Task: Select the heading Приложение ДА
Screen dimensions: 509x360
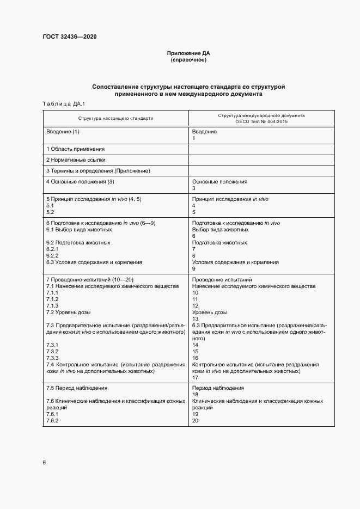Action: [x=188, y=53]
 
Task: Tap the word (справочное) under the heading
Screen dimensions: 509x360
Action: [x=188, y=60]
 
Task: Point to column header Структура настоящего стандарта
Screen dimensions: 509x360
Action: [x=115, y=118]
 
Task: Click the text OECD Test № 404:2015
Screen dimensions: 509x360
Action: [x=261, y=121]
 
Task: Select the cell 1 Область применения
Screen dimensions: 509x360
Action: [x=75, y=149]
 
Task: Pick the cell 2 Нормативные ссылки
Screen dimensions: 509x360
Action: [x=76, y=160]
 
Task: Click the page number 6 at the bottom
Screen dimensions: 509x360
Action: [x=44, y=463]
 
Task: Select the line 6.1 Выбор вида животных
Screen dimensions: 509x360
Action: [x=78, y=229]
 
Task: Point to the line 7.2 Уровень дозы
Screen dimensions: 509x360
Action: [x=68, y=312]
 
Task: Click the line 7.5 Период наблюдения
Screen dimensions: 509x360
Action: [x=76, y=388]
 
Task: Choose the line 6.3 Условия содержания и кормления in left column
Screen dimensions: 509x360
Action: [x=94, y=262]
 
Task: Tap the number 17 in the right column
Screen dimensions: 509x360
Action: [x=196, y=377]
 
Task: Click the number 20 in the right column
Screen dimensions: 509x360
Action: [x=196, y=421]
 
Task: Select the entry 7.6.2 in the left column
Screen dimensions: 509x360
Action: [x=52, y=421]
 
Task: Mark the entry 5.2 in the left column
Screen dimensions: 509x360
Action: [x=50, y=212]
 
